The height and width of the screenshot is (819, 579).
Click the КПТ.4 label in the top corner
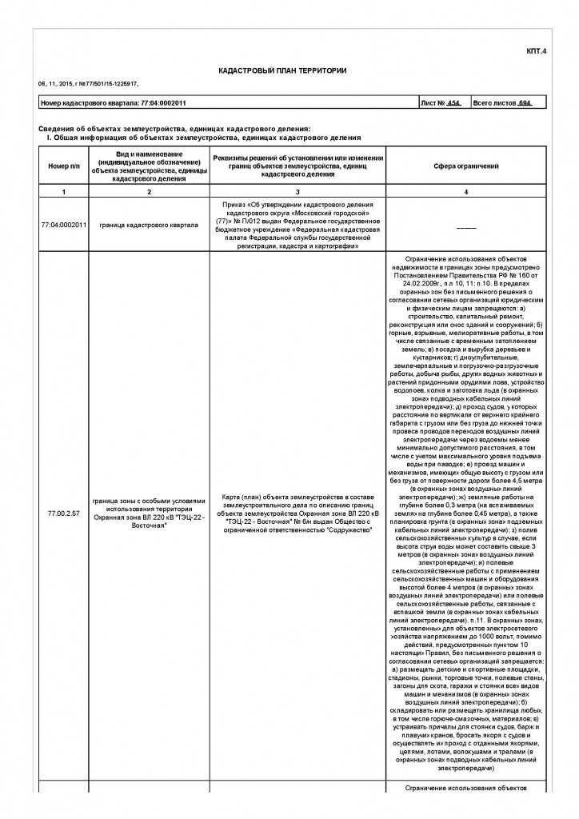pyautogui.click(x=536, y=52)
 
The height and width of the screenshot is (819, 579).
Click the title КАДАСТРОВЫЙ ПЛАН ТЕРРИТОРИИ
pyautogui.click(x=282, y=71)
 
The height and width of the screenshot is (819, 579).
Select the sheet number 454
pyautogui.click(x=453, y=103)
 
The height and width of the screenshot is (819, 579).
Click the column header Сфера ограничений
pyautogui.click(x=455, y=166)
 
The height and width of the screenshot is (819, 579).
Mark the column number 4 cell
pyautogui.click(x=455, y=192)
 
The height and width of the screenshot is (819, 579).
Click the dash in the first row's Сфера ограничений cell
pyautogui.click(x=455, y=226)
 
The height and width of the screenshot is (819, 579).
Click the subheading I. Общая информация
pyautogui.click(x=204, y=138)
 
